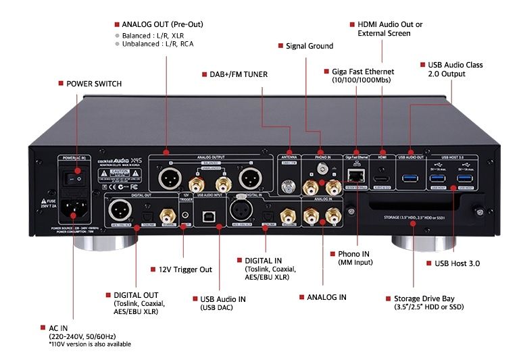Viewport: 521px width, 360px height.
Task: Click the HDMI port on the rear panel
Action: click(x=382, y=178)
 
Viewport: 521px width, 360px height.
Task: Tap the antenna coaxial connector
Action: click(x=290, y=183)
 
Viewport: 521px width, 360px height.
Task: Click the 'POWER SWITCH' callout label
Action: click(x=93, y=84)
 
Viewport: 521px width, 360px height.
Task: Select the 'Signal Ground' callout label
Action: click(x=310, y=46)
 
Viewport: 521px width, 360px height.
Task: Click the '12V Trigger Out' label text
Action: click(x=186, y=269)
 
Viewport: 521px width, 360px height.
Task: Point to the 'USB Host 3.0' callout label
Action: click(x=456, y=263)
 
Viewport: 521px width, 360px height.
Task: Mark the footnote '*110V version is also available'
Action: click(x=90, y=344)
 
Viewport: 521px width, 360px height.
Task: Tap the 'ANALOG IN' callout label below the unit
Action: click(x=326, y=297)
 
